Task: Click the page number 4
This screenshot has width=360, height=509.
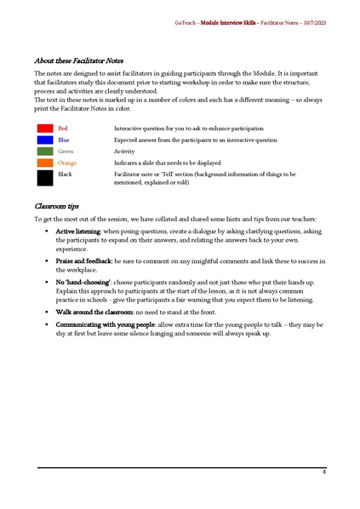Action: coord(323,472)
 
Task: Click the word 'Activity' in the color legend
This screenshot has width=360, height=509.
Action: coord(124,151)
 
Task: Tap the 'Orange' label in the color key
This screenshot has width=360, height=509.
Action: coord(67,163)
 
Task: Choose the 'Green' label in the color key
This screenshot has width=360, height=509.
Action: coord(66,151)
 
